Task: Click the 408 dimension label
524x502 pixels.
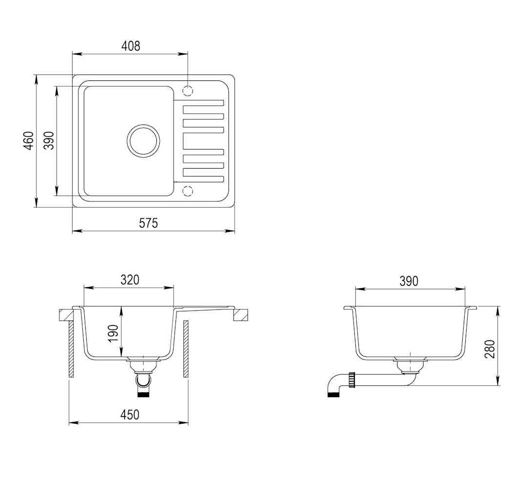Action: tap(131, 46)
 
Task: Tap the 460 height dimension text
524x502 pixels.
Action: tap(29, 141)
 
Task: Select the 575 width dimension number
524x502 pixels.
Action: tap(149, 223)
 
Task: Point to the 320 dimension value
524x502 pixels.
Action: tap(130, 280)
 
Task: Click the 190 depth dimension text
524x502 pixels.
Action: tap(113, 333)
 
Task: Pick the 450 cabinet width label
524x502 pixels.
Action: tap(130, 414)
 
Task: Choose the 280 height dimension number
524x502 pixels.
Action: tap(490, 349)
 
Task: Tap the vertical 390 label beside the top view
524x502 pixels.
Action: tap(49, 141)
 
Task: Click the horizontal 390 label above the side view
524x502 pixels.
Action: tap(409, 281)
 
